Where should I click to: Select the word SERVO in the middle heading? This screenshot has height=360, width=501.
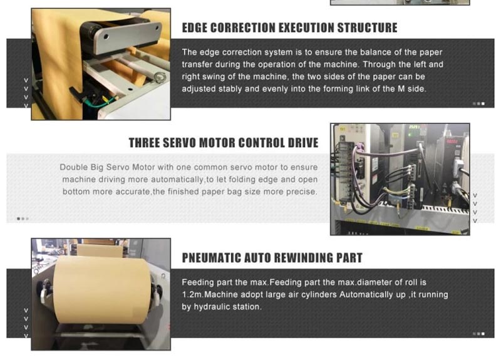click(179, 143)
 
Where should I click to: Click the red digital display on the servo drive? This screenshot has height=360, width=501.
click(452, 141)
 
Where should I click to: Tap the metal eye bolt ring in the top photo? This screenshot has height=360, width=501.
click(160, 77)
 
